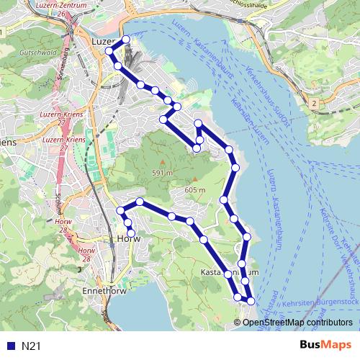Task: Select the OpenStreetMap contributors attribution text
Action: pyautogui.click(x=297, y=323)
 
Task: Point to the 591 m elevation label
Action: pyautogui.click(x=163, y=173)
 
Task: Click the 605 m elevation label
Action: pyautogui.click(x=195, y=189)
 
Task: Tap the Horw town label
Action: pyautogui.click(x=127, y=238)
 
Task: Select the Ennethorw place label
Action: pyautogui.click(x=104, y=290)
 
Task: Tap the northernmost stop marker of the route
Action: pyautogui.click(x=126, y=40)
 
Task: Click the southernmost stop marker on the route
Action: pyautogui.click(x=251, y=301)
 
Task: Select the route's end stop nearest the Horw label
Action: pyautogui.click(x=131, y=232)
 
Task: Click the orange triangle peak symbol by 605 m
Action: pyautogui.click(x=194, y=180)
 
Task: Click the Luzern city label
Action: pyautogui.click(x=103, y=42)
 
